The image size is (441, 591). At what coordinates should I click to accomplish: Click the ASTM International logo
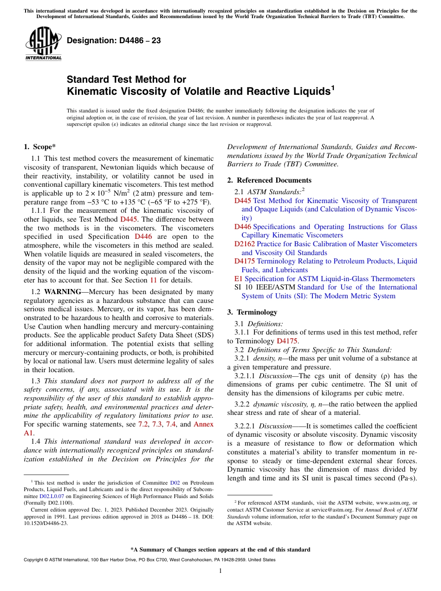click(43, 45)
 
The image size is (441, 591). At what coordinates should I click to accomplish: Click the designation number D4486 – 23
click(114, 41)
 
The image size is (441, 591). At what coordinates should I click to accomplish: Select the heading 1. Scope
click(39, 147)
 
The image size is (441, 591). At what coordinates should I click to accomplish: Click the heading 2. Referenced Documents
click(269, 180)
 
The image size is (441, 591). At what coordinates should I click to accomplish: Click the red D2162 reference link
click(244, 244)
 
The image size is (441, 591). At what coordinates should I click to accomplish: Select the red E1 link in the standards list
click(238, 279)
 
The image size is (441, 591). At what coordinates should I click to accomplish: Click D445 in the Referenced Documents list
click(242, 201)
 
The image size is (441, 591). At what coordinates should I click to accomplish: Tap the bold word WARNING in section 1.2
click(62, 292)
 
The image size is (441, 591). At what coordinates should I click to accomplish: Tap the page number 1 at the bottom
click(220, 571)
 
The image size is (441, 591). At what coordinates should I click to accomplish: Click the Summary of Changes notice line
click(220, 550)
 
